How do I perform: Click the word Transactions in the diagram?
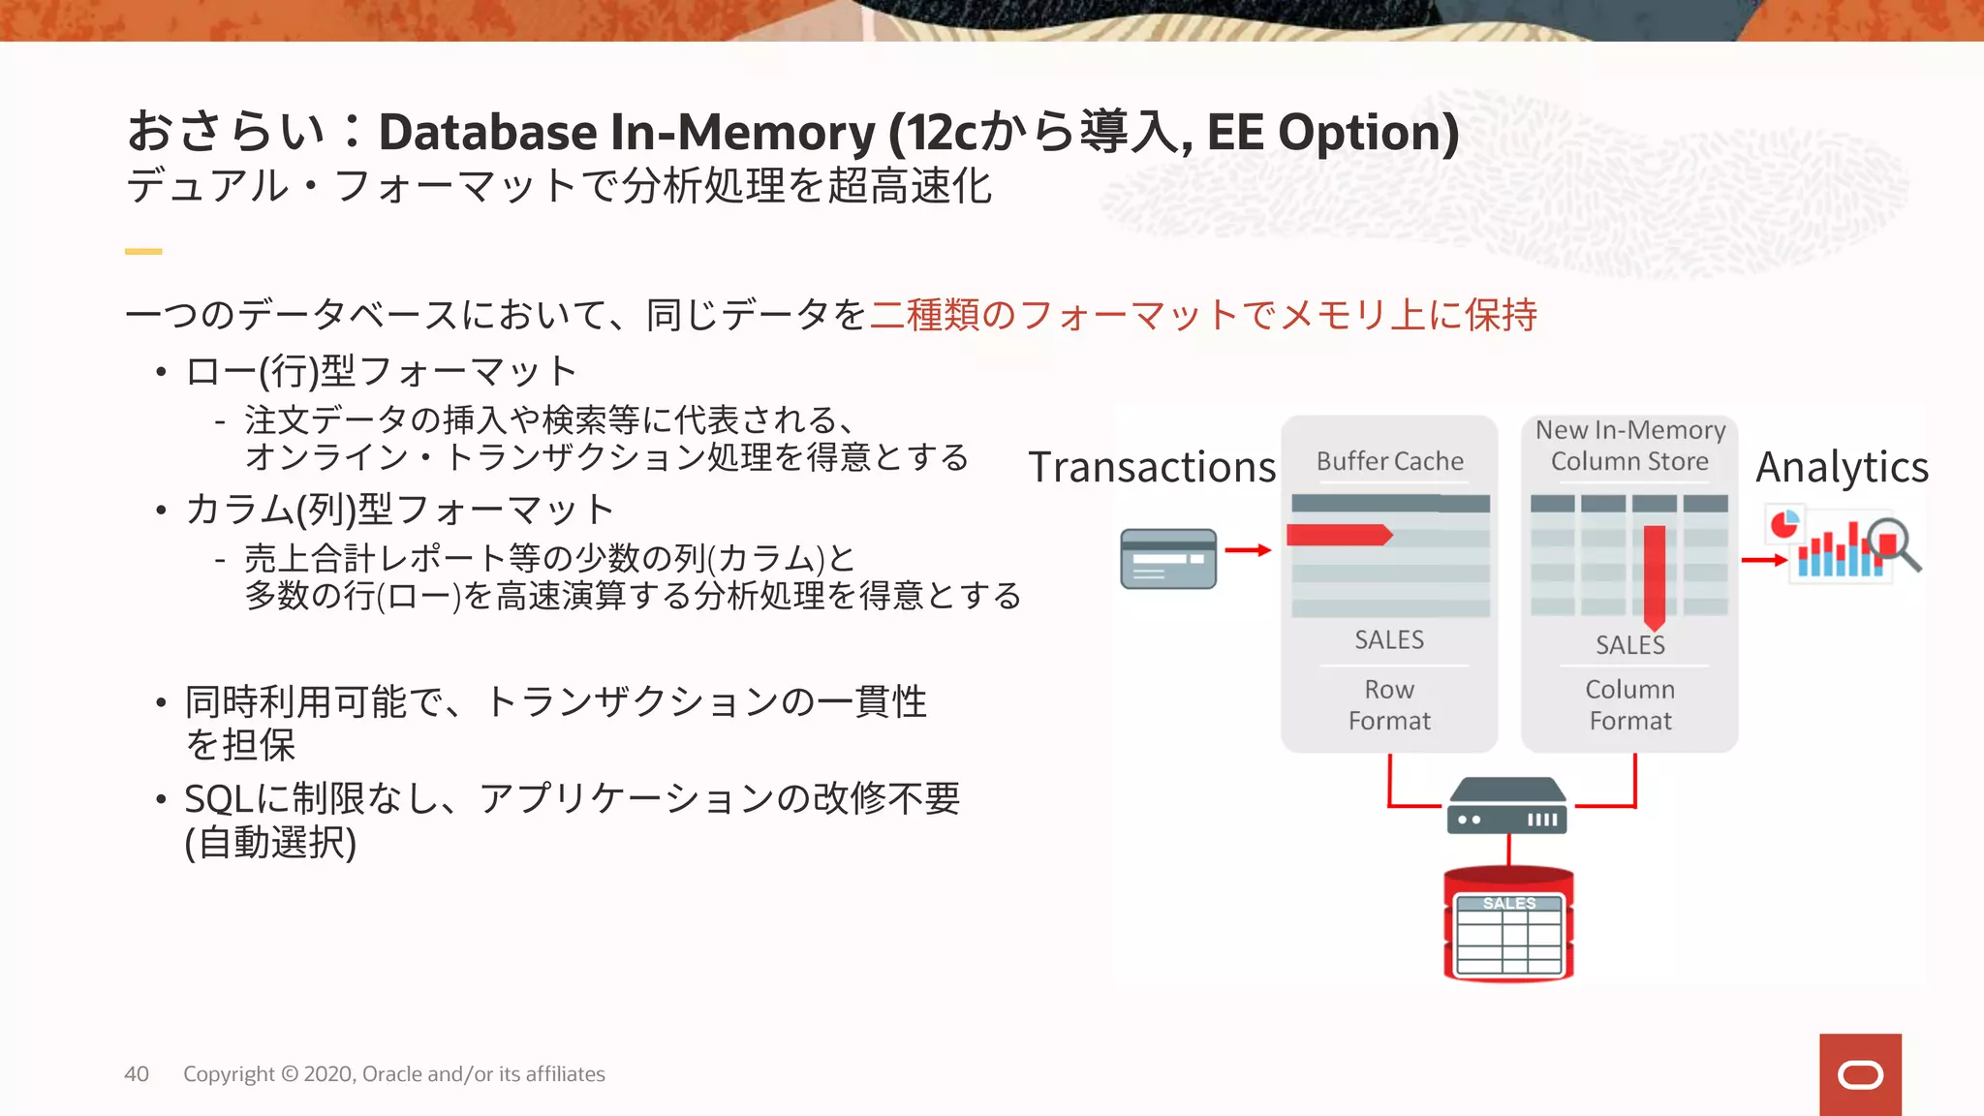(x=1152, y=467)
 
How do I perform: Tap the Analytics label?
(x=1842, y=467)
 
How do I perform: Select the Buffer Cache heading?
(x=1389, y=461)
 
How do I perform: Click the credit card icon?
(x=1168, y=559)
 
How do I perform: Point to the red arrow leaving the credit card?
(x=1248, y=550)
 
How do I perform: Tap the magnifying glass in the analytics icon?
(x=1893, y=543)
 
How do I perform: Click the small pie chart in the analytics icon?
(x=1784, y=524)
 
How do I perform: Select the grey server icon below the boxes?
(x=1507, y=806)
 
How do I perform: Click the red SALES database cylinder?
(x=1508, y=925)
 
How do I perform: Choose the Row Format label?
(x=1389, y=705)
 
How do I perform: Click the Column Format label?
(x=1630, y=705)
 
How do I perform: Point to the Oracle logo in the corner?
(x=1860, y=1074)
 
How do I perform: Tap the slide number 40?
(x=137, y=1074)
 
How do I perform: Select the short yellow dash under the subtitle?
(x=143, y=252)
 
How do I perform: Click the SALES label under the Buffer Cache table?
(x=1389, y=640)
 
